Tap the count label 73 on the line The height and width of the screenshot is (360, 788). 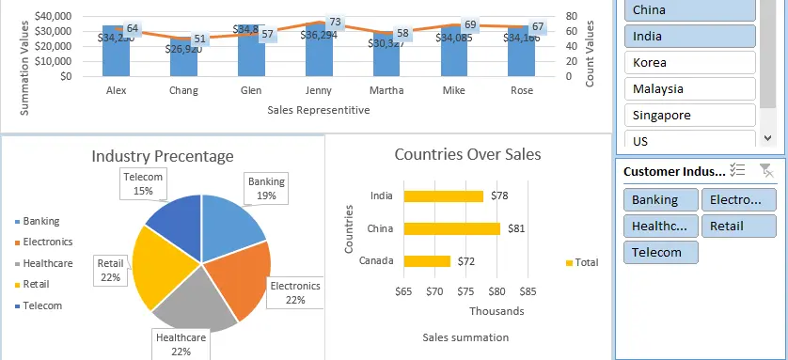[335, 22]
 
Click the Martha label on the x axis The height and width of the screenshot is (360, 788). [387, 90]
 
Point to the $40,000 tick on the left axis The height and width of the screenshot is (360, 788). [52, 17]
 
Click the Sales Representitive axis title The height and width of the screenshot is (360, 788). [318, 110]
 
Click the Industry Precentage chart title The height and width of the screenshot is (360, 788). [163, 156]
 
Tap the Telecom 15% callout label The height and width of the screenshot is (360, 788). [143, 183]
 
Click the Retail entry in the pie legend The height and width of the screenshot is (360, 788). [36, 284]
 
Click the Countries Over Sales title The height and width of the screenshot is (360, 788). [467, 154]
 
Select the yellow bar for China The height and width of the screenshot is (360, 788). [451, 228]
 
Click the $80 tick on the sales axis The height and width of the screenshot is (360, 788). [496, 292]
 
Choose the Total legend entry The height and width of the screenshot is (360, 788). [586, 263]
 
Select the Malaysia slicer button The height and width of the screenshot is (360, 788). [686, 89]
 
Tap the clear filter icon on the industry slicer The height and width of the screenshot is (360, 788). [765, 170]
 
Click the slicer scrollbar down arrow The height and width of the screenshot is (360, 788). [768, 137]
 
